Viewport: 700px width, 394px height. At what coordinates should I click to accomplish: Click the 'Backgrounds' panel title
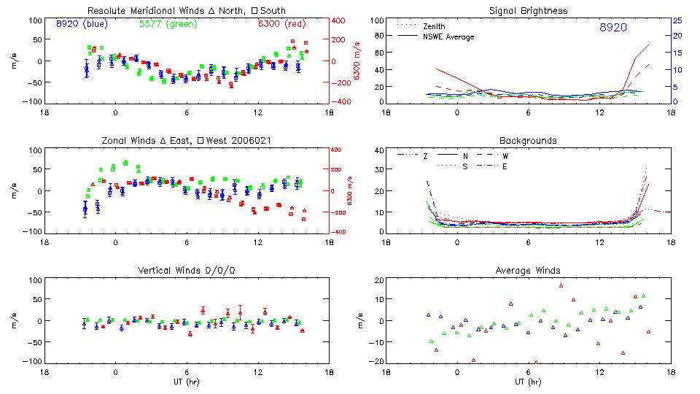click(528, 140)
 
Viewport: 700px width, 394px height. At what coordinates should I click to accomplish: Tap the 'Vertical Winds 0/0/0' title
click(186, 271)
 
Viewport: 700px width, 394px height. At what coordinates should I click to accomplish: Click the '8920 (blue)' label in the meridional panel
click(82, 23)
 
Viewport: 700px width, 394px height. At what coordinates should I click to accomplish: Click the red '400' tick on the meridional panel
click(338, 20)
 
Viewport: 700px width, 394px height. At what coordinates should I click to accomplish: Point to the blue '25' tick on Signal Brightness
click(677, 20)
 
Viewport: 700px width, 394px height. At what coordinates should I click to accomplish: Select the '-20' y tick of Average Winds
click(377, 361)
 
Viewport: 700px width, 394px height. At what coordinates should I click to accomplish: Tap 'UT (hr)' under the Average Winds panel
click(529, 382)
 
